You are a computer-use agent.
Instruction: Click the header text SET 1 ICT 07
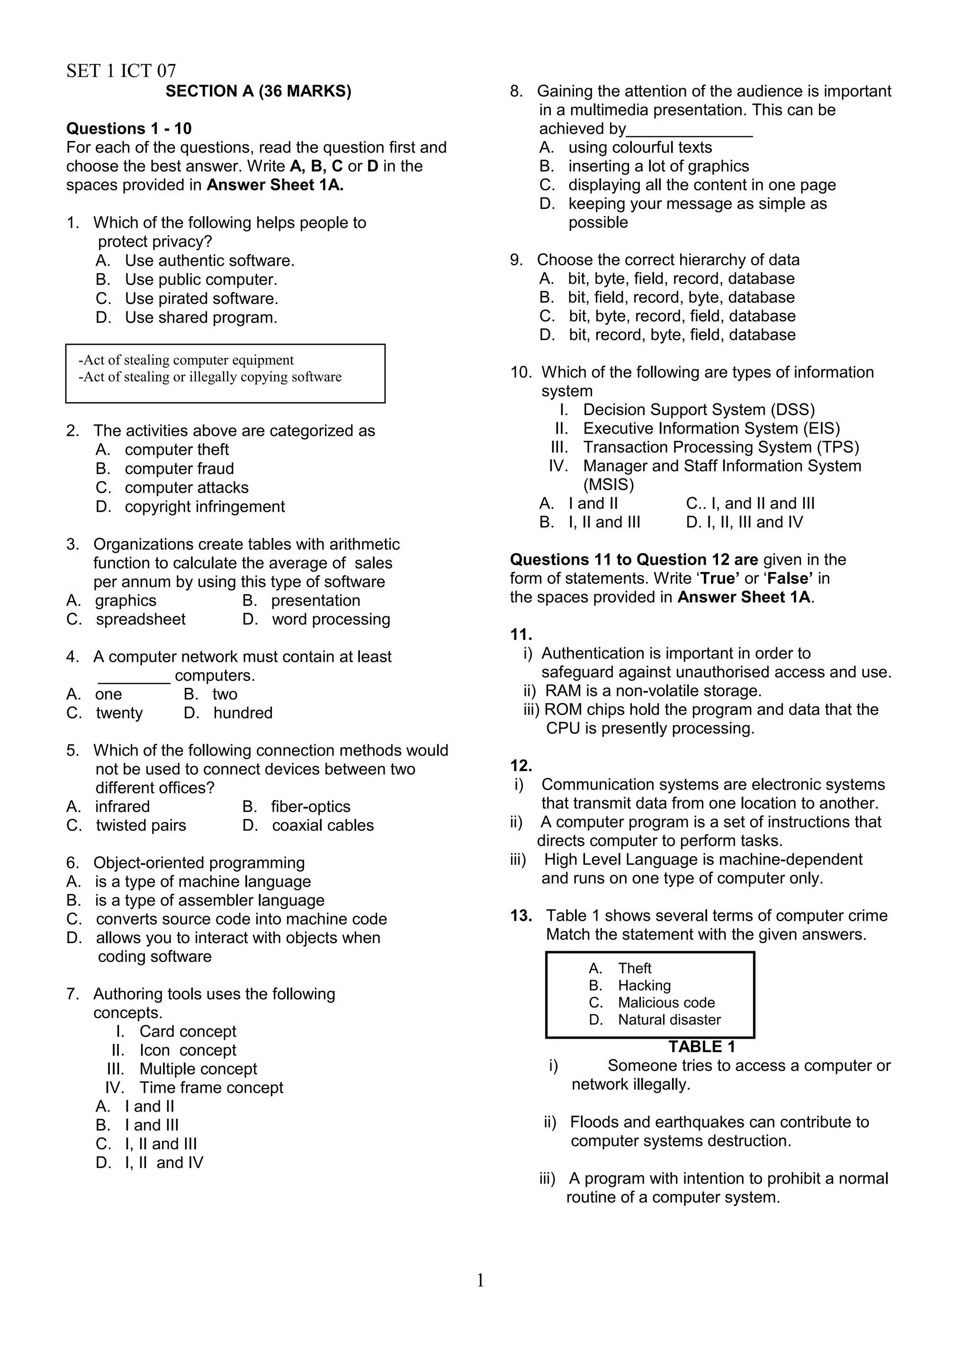[121, 71]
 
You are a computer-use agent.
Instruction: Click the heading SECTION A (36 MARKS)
[258, 91]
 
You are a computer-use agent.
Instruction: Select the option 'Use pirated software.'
[201, 298]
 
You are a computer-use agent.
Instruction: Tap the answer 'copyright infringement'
[205, 507]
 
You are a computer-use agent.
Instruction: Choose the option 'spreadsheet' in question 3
[141, 619]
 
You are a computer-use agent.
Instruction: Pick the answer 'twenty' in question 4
[119, 713]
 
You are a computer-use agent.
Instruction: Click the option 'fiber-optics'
[310, 807]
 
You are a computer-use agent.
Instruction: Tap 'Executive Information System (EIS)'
[711, 428]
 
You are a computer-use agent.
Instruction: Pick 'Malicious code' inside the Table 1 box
[666, 1003]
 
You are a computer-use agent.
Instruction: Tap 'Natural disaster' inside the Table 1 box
[669, 1020]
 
